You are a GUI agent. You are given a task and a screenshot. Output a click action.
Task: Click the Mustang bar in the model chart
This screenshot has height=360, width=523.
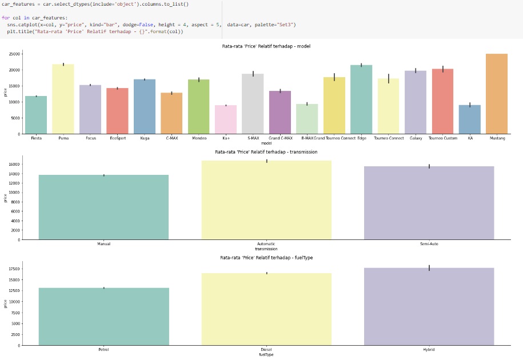497,94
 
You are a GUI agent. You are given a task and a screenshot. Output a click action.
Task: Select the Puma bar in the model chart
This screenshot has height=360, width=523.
63,99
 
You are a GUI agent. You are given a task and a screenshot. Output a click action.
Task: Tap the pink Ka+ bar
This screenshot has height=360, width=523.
225,119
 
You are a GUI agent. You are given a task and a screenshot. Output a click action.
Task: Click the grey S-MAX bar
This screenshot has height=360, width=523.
253,103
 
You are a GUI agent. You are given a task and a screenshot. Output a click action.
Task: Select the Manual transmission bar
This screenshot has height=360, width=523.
103,207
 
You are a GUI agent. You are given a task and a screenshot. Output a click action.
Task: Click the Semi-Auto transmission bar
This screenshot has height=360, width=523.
429,203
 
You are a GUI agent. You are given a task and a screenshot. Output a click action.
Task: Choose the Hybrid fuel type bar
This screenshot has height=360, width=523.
429,306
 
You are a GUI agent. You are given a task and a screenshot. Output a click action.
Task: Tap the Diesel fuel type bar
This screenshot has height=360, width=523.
266,309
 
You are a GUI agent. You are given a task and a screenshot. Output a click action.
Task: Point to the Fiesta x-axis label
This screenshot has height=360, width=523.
35,138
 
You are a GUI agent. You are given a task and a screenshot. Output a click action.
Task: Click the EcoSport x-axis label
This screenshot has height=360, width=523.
117,138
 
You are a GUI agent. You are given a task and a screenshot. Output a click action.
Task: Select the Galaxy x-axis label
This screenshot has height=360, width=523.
415,138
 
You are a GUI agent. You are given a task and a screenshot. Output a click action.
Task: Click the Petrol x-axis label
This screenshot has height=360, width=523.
103,349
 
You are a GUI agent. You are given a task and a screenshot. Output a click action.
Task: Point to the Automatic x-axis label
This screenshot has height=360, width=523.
266,244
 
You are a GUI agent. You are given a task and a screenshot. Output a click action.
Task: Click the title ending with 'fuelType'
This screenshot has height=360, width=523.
266,258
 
